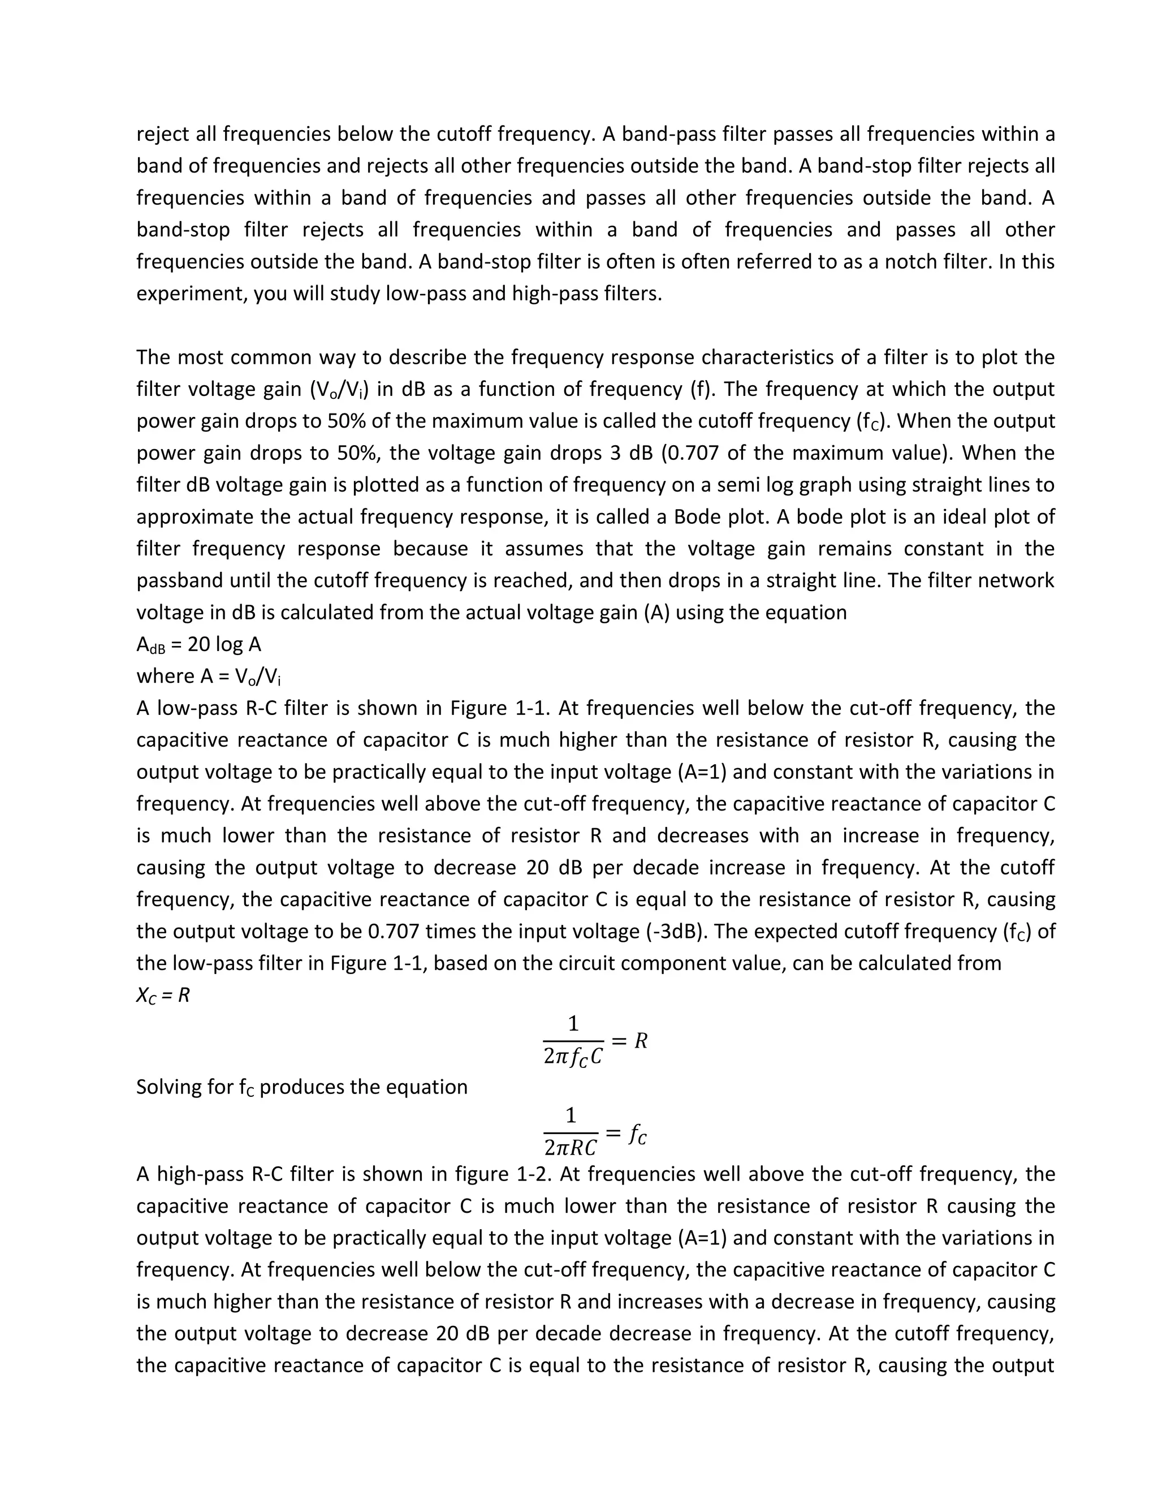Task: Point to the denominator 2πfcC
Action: (x=573, y=1056)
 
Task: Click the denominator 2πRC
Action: (x=570, y=1148)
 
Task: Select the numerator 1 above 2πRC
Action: (x=571, y=1115)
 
